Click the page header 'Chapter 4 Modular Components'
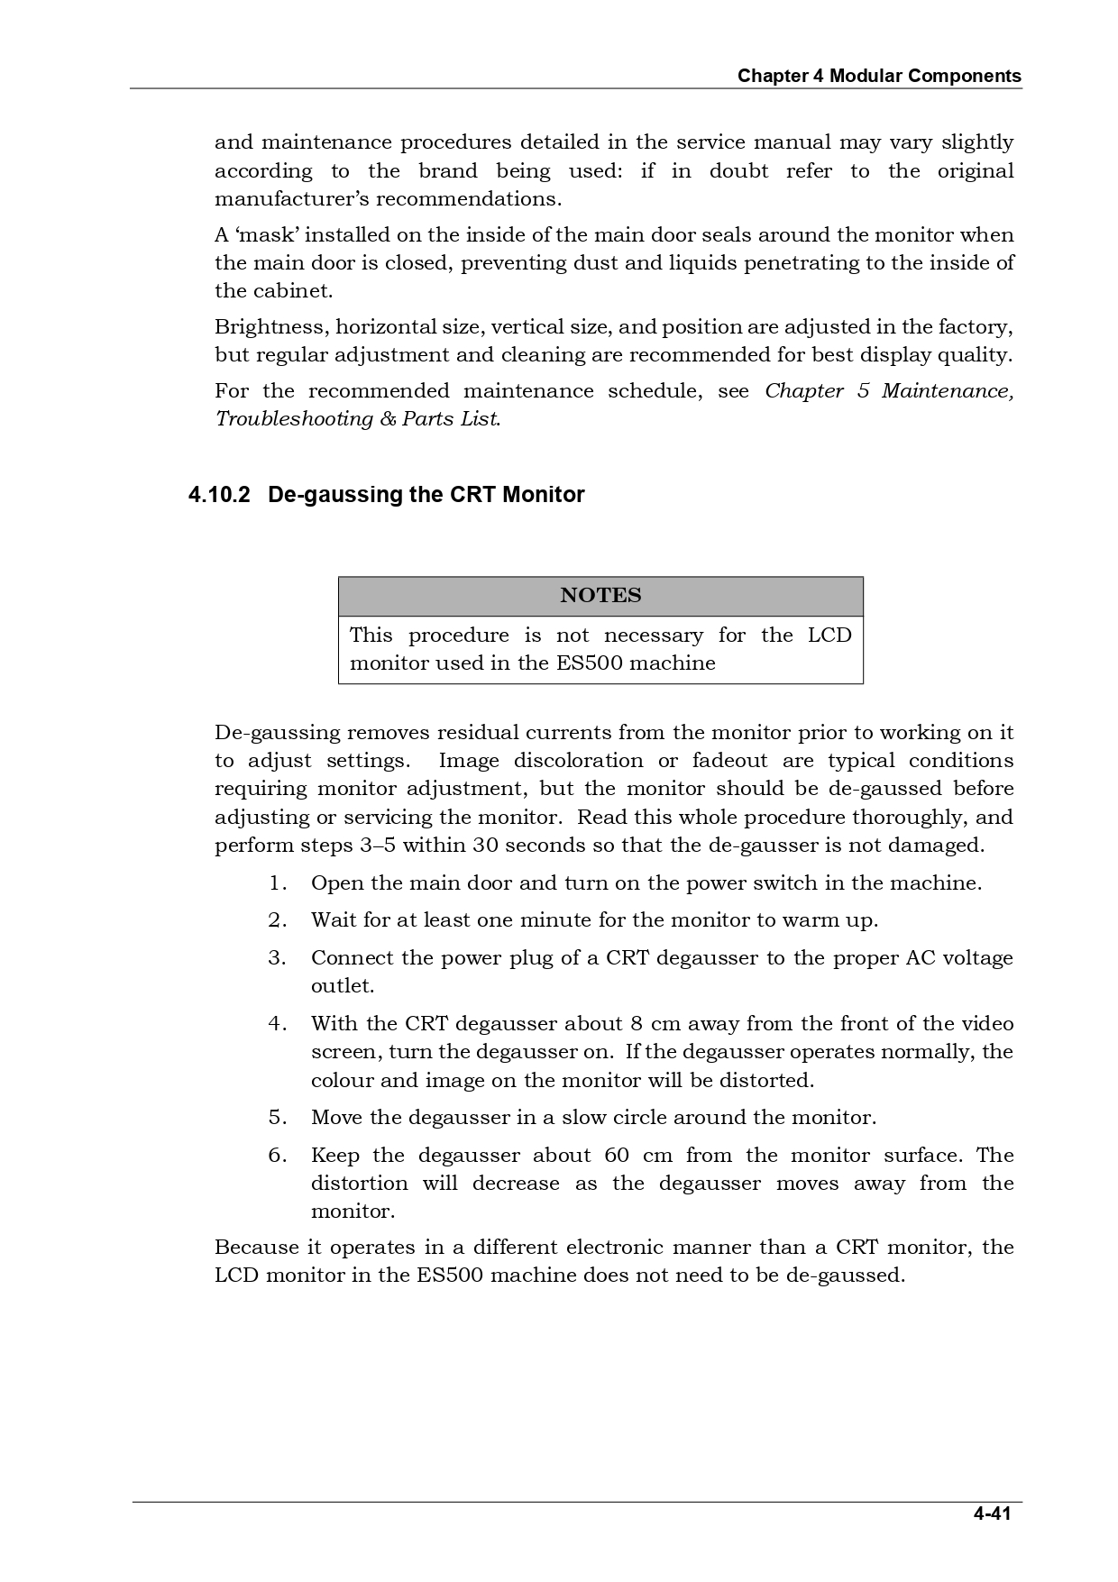click(879, 76)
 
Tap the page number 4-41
click(991, 1513)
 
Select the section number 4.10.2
click(218, 495)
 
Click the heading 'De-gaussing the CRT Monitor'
click(426, 495)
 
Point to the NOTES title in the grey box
click(600, 595)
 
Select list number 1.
click(277, 883)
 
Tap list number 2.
click(277, 920)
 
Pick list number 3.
click(277, 958)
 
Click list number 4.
click(277, 1024)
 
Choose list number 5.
click(277, 1118)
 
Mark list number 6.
click(277, 1156)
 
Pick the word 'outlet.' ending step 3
click(342, 986)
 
